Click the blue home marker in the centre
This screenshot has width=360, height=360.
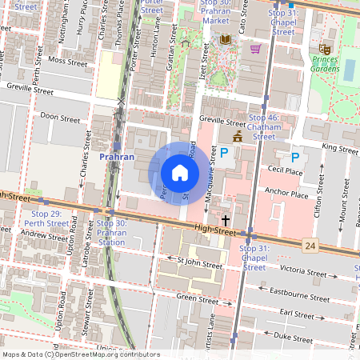coord(180,173)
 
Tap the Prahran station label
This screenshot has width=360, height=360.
coord(115,158)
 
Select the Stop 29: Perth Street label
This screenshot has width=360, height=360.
coord(46,218)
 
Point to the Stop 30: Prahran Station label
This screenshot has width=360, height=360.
coord(111,232)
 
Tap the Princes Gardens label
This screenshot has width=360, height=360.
coord(326,64)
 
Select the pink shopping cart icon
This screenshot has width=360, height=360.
coord(255,49)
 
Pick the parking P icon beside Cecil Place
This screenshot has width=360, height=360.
coord(295,158)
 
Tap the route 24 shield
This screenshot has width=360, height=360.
coord(310,244)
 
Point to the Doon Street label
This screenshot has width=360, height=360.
coord(60,118)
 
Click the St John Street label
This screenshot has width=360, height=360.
coord(199,262)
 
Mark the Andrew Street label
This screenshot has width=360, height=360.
coord(45,235)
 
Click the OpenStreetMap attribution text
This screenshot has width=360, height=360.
coord(80,354)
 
